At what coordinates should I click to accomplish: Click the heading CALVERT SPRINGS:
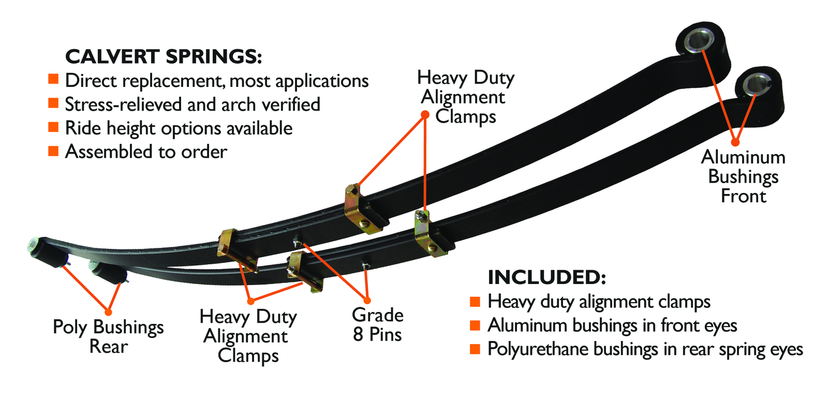tap(164, 56)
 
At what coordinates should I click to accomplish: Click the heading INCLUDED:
tap(546, 277)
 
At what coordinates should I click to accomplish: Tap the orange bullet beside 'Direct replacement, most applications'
tap(53, 79)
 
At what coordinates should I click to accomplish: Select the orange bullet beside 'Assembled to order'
tap(53, 151)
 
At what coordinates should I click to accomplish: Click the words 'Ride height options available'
tap(179, 128)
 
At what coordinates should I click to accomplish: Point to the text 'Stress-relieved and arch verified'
tap(193, 105)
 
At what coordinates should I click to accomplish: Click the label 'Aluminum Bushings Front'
tap(743, 176)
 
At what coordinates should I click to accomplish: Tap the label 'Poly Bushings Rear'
tap(108, 336)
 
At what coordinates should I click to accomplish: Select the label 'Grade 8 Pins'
tap(377, 324)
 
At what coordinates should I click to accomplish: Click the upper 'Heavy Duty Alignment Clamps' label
tap(466, 97)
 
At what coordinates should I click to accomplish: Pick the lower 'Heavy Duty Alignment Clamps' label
tap(248, 336)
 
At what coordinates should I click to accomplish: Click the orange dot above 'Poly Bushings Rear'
tap(108, 312)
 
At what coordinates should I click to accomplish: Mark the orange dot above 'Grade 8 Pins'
tap(367, 300)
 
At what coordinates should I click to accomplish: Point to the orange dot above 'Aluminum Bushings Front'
tap(735, 142)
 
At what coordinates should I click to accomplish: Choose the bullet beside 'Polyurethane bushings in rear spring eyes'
tap(475, 349)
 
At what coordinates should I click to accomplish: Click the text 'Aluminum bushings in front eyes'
tap(612, 325)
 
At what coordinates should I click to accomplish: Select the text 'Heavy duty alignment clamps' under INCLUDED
tap(599, 302)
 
